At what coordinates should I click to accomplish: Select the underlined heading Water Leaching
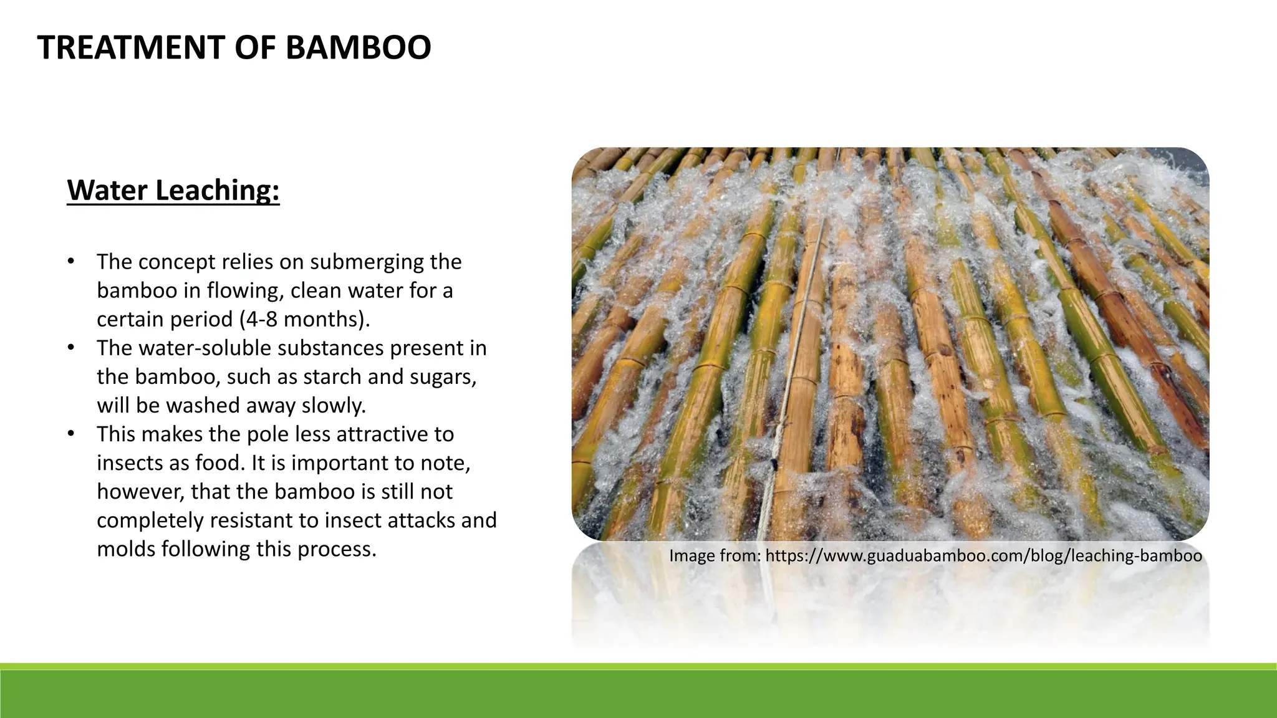click(173, 190)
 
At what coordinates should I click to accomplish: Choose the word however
click(140, 492)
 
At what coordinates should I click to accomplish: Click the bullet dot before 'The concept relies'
click(72, 262)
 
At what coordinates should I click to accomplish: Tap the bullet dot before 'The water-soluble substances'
click(72, 348)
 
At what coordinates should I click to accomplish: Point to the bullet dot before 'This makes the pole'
click(72, 434)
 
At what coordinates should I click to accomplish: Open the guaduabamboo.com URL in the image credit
click(983, 555)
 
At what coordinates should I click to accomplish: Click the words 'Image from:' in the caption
click(715, 555)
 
